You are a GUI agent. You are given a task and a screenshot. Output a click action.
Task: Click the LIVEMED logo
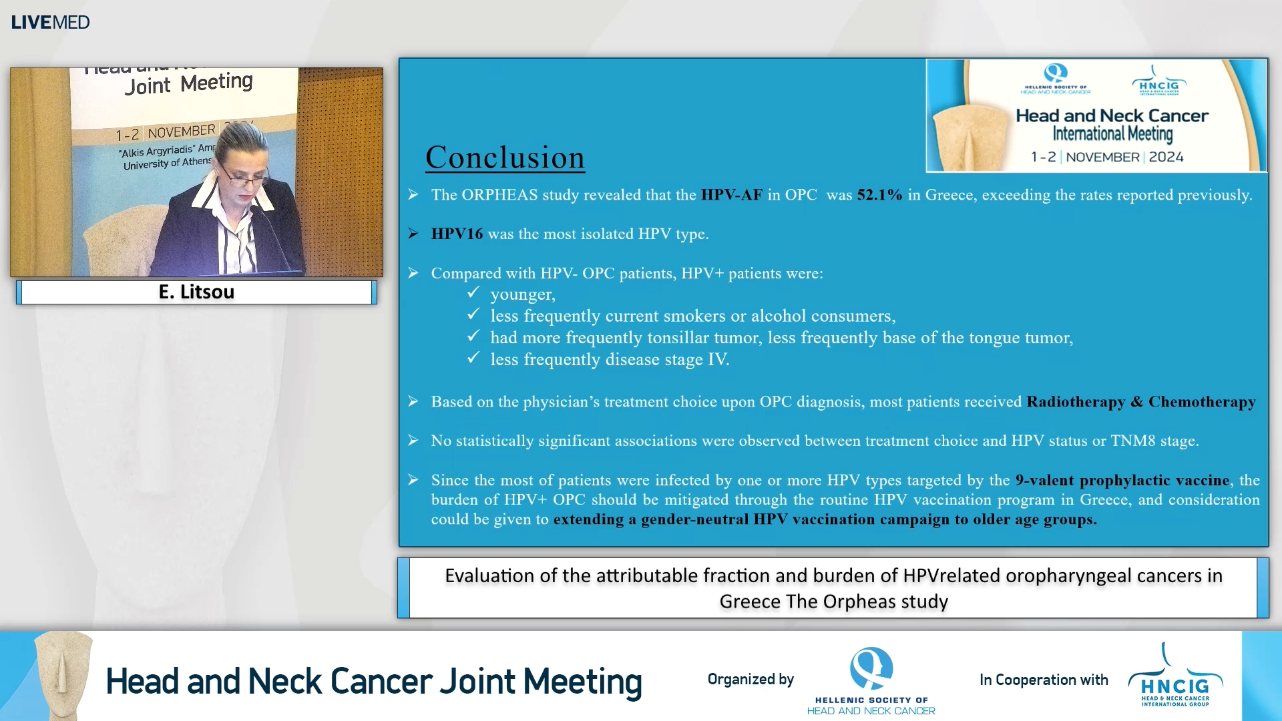click(x=50, y=22)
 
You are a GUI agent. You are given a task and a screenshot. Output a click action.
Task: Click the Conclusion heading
click(x=505, y=158)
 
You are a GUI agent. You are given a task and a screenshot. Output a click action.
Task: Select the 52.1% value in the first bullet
click(x=879, y=195)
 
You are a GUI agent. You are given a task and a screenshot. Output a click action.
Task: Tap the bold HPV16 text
click(x=457, y=234)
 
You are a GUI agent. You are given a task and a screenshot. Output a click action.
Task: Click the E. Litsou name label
click(x=196, y=292)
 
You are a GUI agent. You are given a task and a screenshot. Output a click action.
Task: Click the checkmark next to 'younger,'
click(x=473, y=293)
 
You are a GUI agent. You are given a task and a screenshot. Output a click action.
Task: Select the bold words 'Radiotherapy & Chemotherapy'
click(x=1140, y=402)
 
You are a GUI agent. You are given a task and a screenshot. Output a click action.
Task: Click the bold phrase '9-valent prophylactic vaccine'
click(x=1122, y=480)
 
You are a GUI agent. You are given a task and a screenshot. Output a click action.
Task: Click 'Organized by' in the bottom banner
click(x=751, y=680)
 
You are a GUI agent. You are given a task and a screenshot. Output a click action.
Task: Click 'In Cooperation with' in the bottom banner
click(x=1043, y=680)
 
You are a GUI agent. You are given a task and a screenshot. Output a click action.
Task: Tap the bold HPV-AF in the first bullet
click(x=731, y=195)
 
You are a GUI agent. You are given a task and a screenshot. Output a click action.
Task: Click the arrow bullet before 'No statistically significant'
click(x=413, y=441)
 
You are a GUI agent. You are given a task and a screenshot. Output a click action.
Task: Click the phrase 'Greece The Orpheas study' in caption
click(x=833, y=602)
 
